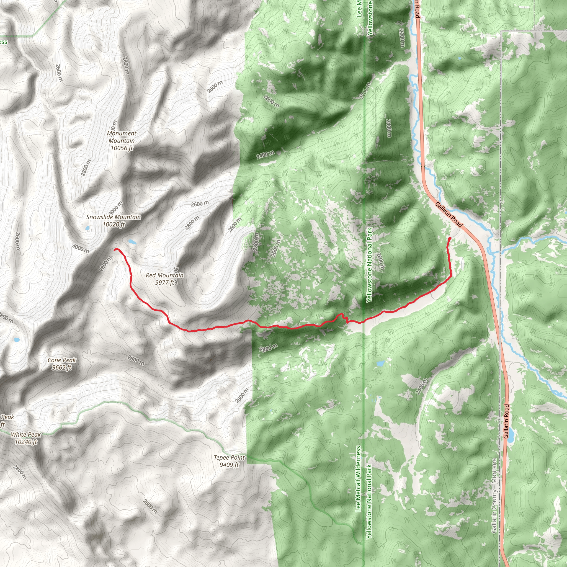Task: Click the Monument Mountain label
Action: (122, 141)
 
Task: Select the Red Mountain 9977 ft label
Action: (165, 279)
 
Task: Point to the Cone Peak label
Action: (62, 364)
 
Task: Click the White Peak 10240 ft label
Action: (26, 438)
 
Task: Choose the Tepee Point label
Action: (229, 461)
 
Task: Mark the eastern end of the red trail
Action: (450, 238)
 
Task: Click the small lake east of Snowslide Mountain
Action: (132, 242)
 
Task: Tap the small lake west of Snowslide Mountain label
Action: (87, 228)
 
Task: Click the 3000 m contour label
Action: (80, 249)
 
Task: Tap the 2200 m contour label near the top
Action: (402, 38)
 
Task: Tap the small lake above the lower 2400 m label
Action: (380, 364)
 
